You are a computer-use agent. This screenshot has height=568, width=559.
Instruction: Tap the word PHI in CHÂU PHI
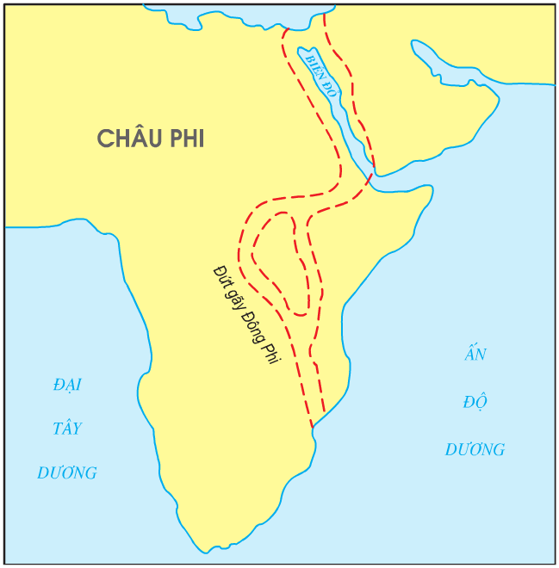pos(184,138)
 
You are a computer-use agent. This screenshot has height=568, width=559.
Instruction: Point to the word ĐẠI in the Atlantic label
pos(66,385)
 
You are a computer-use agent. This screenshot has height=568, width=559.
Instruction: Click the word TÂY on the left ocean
pos(66,429)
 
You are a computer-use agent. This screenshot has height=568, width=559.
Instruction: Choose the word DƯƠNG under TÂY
pos(66,473)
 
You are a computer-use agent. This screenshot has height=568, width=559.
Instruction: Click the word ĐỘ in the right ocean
pos(475,401)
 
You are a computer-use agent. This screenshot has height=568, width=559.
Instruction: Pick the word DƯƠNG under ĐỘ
pos(475,449)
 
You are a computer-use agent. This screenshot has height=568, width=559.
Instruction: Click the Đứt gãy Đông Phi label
pos(247,315)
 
